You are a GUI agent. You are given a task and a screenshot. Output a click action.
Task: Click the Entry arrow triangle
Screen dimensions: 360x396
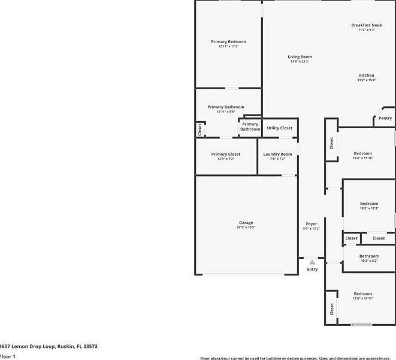tap(312, 262)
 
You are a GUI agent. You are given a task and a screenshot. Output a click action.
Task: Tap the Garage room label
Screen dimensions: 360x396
tap(246, 223)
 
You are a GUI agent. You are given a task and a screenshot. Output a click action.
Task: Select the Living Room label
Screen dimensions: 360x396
tap(300, 57)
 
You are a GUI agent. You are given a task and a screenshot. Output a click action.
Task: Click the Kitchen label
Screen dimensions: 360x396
tap(366, 75)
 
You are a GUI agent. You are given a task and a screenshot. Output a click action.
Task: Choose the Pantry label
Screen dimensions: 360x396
tap(385, 118)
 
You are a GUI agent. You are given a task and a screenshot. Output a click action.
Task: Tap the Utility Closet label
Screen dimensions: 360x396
tap(280, 128)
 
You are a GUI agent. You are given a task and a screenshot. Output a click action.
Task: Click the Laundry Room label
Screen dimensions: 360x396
tap(278, 154)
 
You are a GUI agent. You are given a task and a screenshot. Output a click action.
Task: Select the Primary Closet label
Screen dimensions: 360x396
tap(226, 154)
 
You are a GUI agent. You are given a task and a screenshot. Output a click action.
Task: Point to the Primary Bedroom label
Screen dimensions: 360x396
tap(228, 41)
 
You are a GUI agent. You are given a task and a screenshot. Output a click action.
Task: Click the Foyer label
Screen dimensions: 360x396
tap(312, 223)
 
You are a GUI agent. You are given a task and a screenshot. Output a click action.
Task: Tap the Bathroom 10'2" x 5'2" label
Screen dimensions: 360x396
tap(369, 256)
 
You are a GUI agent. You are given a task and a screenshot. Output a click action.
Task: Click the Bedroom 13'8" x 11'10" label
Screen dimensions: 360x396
tap(362, 153)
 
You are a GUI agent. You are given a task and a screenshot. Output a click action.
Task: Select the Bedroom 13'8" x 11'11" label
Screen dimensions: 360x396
tap(362, 294)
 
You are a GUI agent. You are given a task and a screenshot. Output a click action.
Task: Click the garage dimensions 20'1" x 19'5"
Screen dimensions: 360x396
tap(246, 228)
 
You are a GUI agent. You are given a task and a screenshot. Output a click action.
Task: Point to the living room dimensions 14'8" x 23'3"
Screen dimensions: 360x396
tap(300, 62)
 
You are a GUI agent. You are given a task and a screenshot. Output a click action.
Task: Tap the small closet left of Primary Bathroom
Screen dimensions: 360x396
tap(199, 128)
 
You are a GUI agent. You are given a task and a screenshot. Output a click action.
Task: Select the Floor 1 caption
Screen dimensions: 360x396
tap(7, 356)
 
